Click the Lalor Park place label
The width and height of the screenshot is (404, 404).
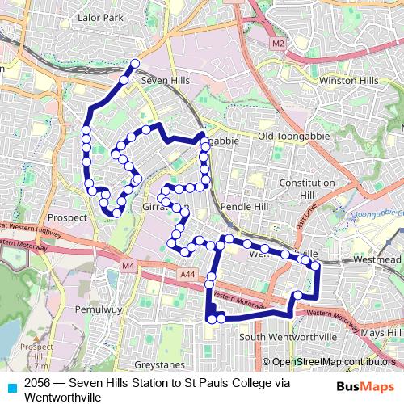click(100, 16)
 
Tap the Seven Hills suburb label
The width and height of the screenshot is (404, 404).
click(165, 82)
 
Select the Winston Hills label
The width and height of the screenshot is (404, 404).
click(348, 82)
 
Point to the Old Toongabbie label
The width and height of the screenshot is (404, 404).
click(293, 137)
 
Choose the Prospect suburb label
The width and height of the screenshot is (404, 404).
click(68, 218)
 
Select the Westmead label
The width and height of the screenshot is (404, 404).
click(377, 260)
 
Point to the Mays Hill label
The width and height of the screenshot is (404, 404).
click(381, 333)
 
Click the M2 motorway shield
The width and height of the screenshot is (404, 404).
click(279, 42)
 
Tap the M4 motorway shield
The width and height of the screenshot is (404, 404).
click(128, 265)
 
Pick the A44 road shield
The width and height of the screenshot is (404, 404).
click(187, 276)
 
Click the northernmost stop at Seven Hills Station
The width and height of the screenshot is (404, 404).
click(135, 63)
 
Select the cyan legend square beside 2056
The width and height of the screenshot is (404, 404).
click(11, 386)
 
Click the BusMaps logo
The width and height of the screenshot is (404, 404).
click(365, 386)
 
